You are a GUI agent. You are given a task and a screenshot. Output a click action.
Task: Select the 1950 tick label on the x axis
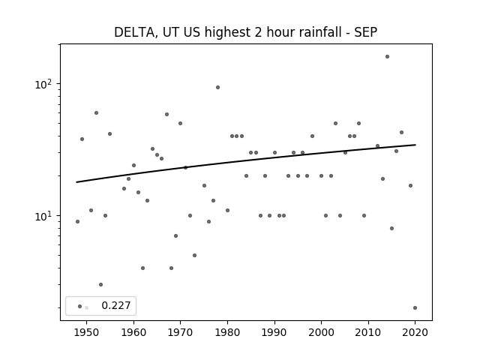(87, 332)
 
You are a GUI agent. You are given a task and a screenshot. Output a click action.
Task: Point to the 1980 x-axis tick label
(227, 332)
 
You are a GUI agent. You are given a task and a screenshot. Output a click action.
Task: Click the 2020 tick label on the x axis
(415, 332)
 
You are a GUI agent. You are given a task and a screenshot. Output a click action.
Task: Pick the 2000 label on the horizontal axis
(321, 332)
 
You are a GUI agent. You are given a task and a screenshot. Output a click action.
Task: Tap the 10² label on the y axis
(43, 84)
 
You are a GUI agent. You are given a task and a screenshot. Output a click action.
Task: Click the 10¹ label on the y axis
(43, 216)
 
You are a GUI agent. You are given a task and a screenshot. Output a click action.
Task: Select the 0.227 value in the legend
(116, 305)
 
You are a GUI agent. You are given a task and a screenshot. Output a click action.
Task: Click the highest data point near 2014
(387, 57)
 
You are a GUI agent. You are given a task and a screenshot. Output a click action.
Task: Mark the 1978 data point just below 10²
(217, 87)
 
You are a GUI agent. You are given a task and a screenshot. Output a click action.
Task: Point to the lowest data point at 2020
(415, 307)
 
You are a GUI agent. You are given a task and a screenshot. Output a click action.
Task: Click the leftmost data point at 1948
(77, 222)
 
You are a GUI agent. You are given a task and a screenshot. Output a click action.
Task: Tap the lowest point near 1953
(100, 285)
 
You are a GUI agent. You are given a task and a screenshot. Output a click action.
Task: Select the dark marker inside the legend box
(80, 306)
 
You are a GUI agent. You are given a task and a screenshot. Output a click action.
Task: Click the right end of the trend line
(415, 145)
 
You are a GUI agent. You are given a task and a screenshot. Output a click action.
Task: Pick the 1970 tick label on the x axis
(181, 332)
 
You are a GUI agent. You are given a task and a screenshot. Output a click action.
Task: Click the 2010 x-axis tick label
(368, 332)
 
